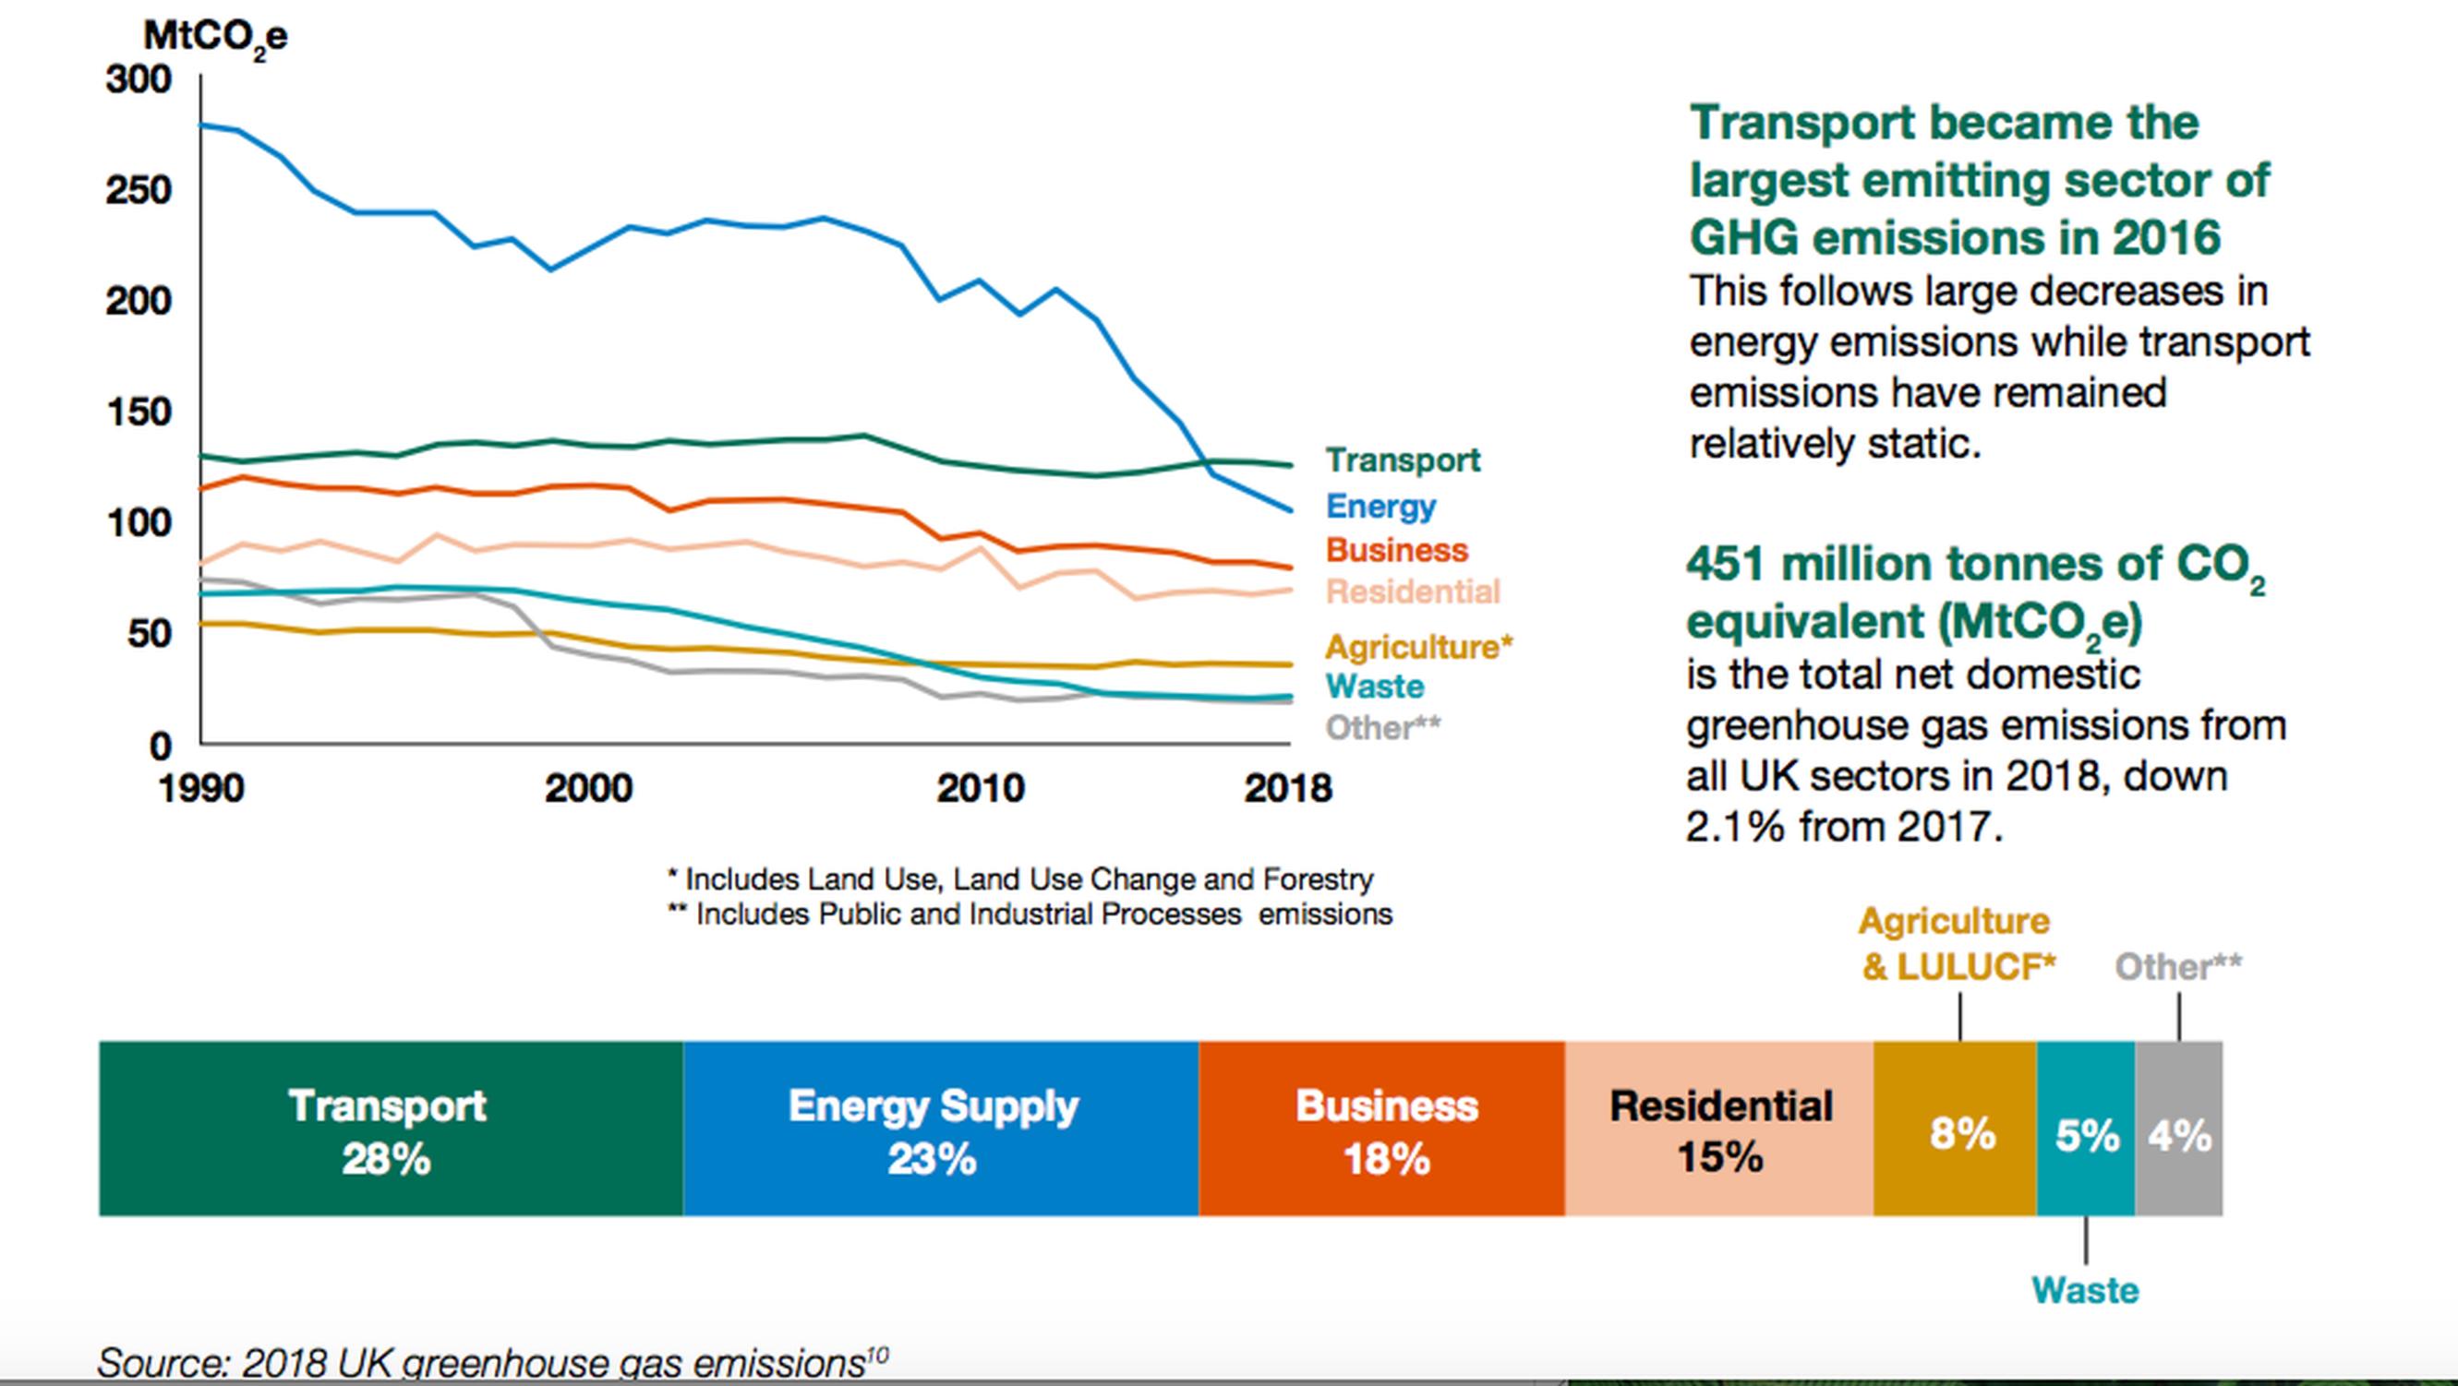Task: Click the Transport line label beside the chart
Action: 1403,460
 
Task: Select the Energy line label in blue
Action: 1380,506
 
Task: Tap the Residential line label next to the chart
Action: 1413,591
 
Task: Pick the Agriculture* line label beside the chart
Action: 1419,647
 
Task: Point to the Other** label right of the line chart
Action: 1382,728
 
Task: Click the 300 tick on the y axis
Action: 139,79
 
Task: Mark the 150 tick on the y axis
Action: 139,412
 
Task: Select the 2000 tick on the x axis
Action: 588,789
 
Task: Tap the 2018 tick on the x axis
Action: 1287,789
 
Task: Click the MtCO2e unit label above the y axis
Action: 215,38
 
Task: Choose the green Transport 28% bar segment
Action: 391,1129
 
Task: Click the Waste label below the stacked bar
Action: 2085,1291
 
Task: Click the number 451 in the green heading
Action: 1726,564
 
